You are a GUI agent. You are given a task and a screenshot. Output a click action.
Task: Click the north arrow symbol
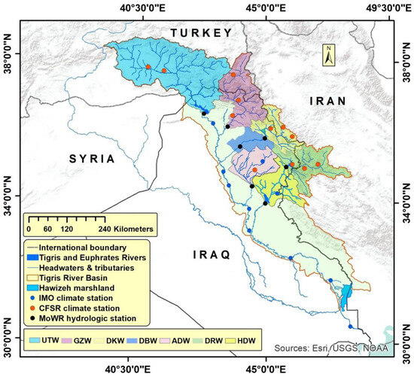328,56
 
